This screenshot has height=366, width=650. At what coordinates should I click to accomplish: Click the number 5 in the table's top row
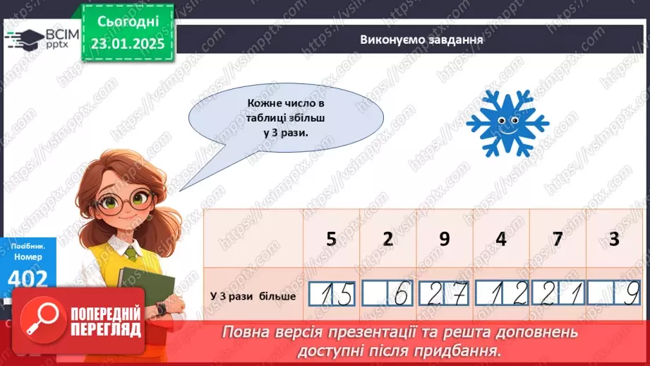332,239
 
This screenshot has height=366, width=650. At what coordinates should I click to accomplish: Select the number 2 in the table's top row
387,239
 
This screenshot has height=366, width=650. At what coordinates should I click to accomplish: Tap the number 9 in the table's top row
444,239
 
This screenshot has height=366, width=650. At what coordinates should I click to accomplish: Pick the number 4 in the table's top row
500,239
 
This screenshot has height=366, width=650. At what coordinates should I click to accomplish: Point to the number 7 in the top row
558,239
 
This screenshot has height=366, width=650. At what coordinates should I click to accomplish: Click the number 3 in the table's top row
614,239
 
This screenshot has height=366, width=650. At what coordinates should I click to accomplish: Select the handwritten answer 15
332,294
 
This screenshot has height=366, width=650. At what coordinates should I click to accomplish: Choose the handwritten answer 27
445,294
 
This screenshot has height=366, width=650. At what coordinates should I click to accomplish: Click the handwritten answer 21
558,294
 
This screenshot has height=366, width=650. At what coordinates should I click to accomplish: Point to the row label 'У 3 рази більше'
253,295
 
